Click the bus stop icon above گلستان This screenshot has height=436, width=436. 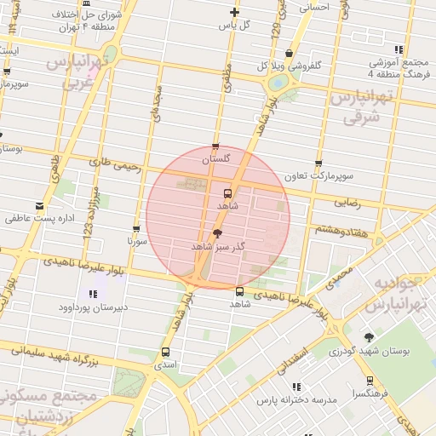[x=215, y=146]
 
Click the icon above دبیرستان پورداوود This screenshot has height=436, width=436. [x=92, y=294]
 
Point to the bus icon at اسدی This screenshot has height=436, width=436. [x=165, y=351]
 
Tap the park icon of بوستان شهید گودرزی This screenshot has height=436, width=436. [x=368, y=337]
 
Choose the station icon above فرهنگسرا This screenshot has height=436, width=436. [x=370, y=381]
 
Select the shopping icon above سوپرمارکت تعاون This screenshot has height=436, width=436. [x=318, y=163]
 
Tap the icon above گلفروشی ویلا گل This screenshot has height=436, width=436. [x=290, y=54]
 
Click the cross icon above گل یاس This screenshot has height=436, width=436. [x=235, y=12]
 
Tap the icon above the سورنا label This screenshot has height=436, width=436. [x=136, y=229]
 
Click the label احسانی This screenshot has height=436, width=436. [x=313, y=6]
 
